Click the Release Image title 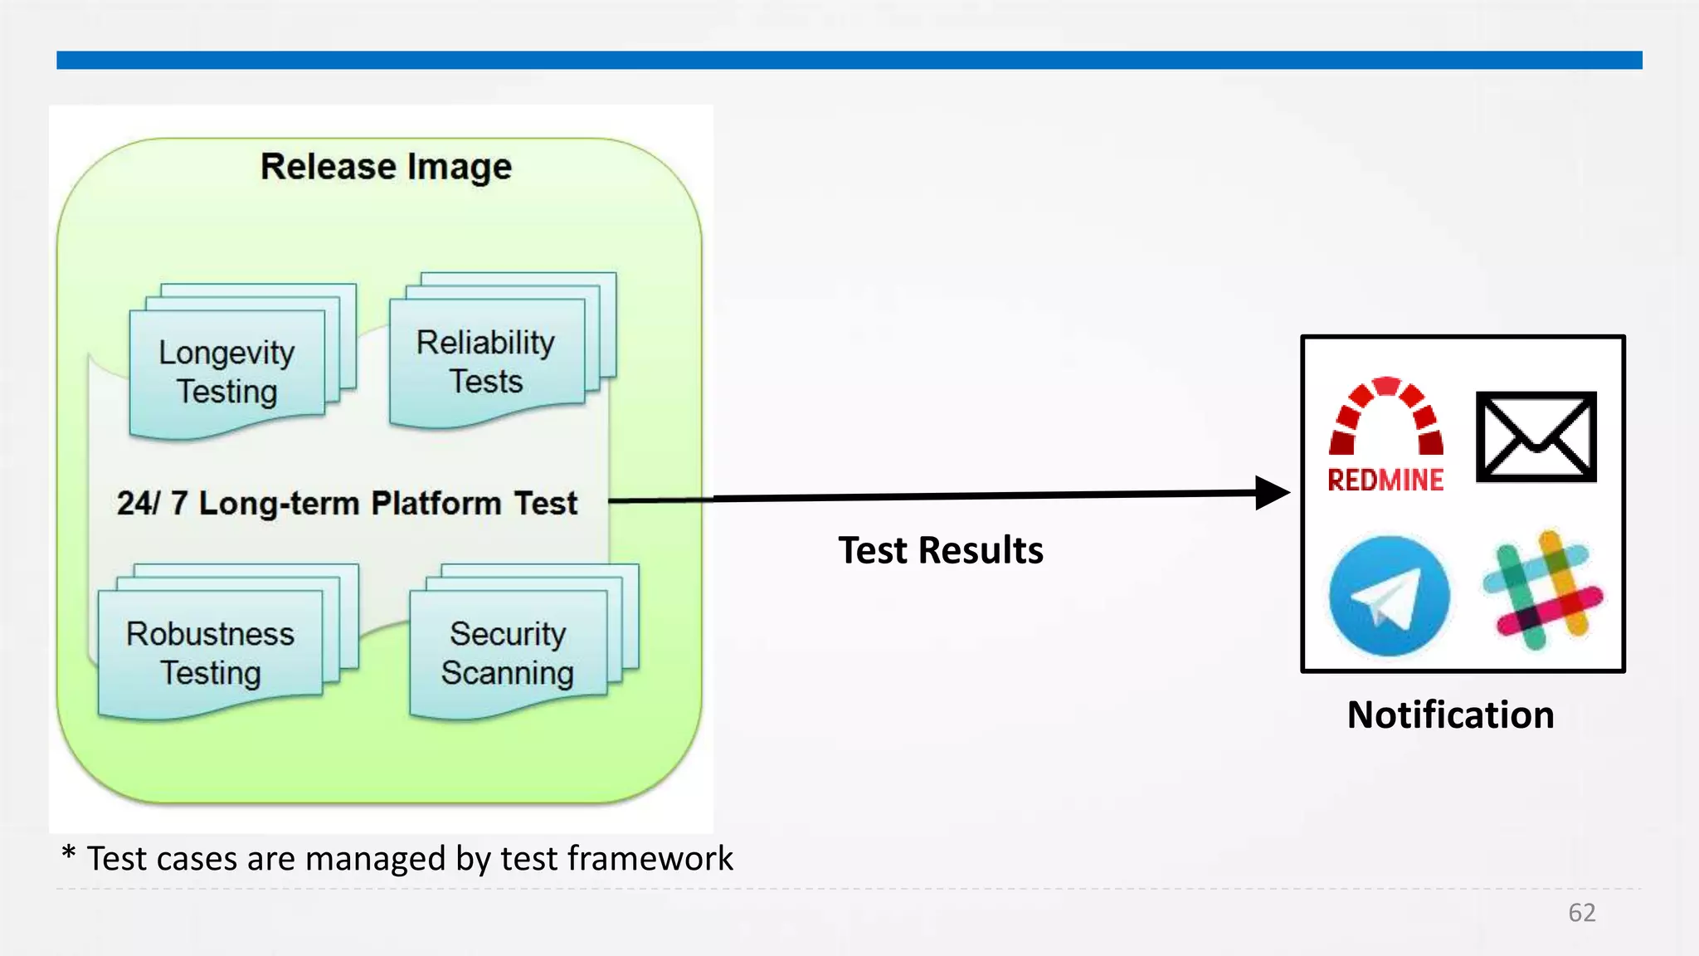[386, 167]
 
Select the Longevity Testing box [226, 373]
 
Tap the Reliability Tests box [486, 362]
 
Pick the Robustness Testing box [210, 653]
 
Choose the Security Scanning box [508, 653]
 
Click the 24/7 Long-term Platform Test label [347, 503]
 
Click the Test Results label [940, 550]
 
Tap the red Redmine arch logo [1385, 415]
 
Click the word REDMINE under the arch [1385, 480]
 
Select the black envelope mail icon [1536, 437]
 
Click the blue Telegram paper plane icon [1389, 596]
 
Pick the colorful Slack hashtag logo [1542, 590]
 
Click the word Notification [1450, 715]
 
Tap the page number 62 [1581, 913]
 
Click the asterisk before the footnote [69, 853]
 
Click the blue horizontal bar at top [849, 60]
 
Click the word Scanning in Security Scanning [508, 673]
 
